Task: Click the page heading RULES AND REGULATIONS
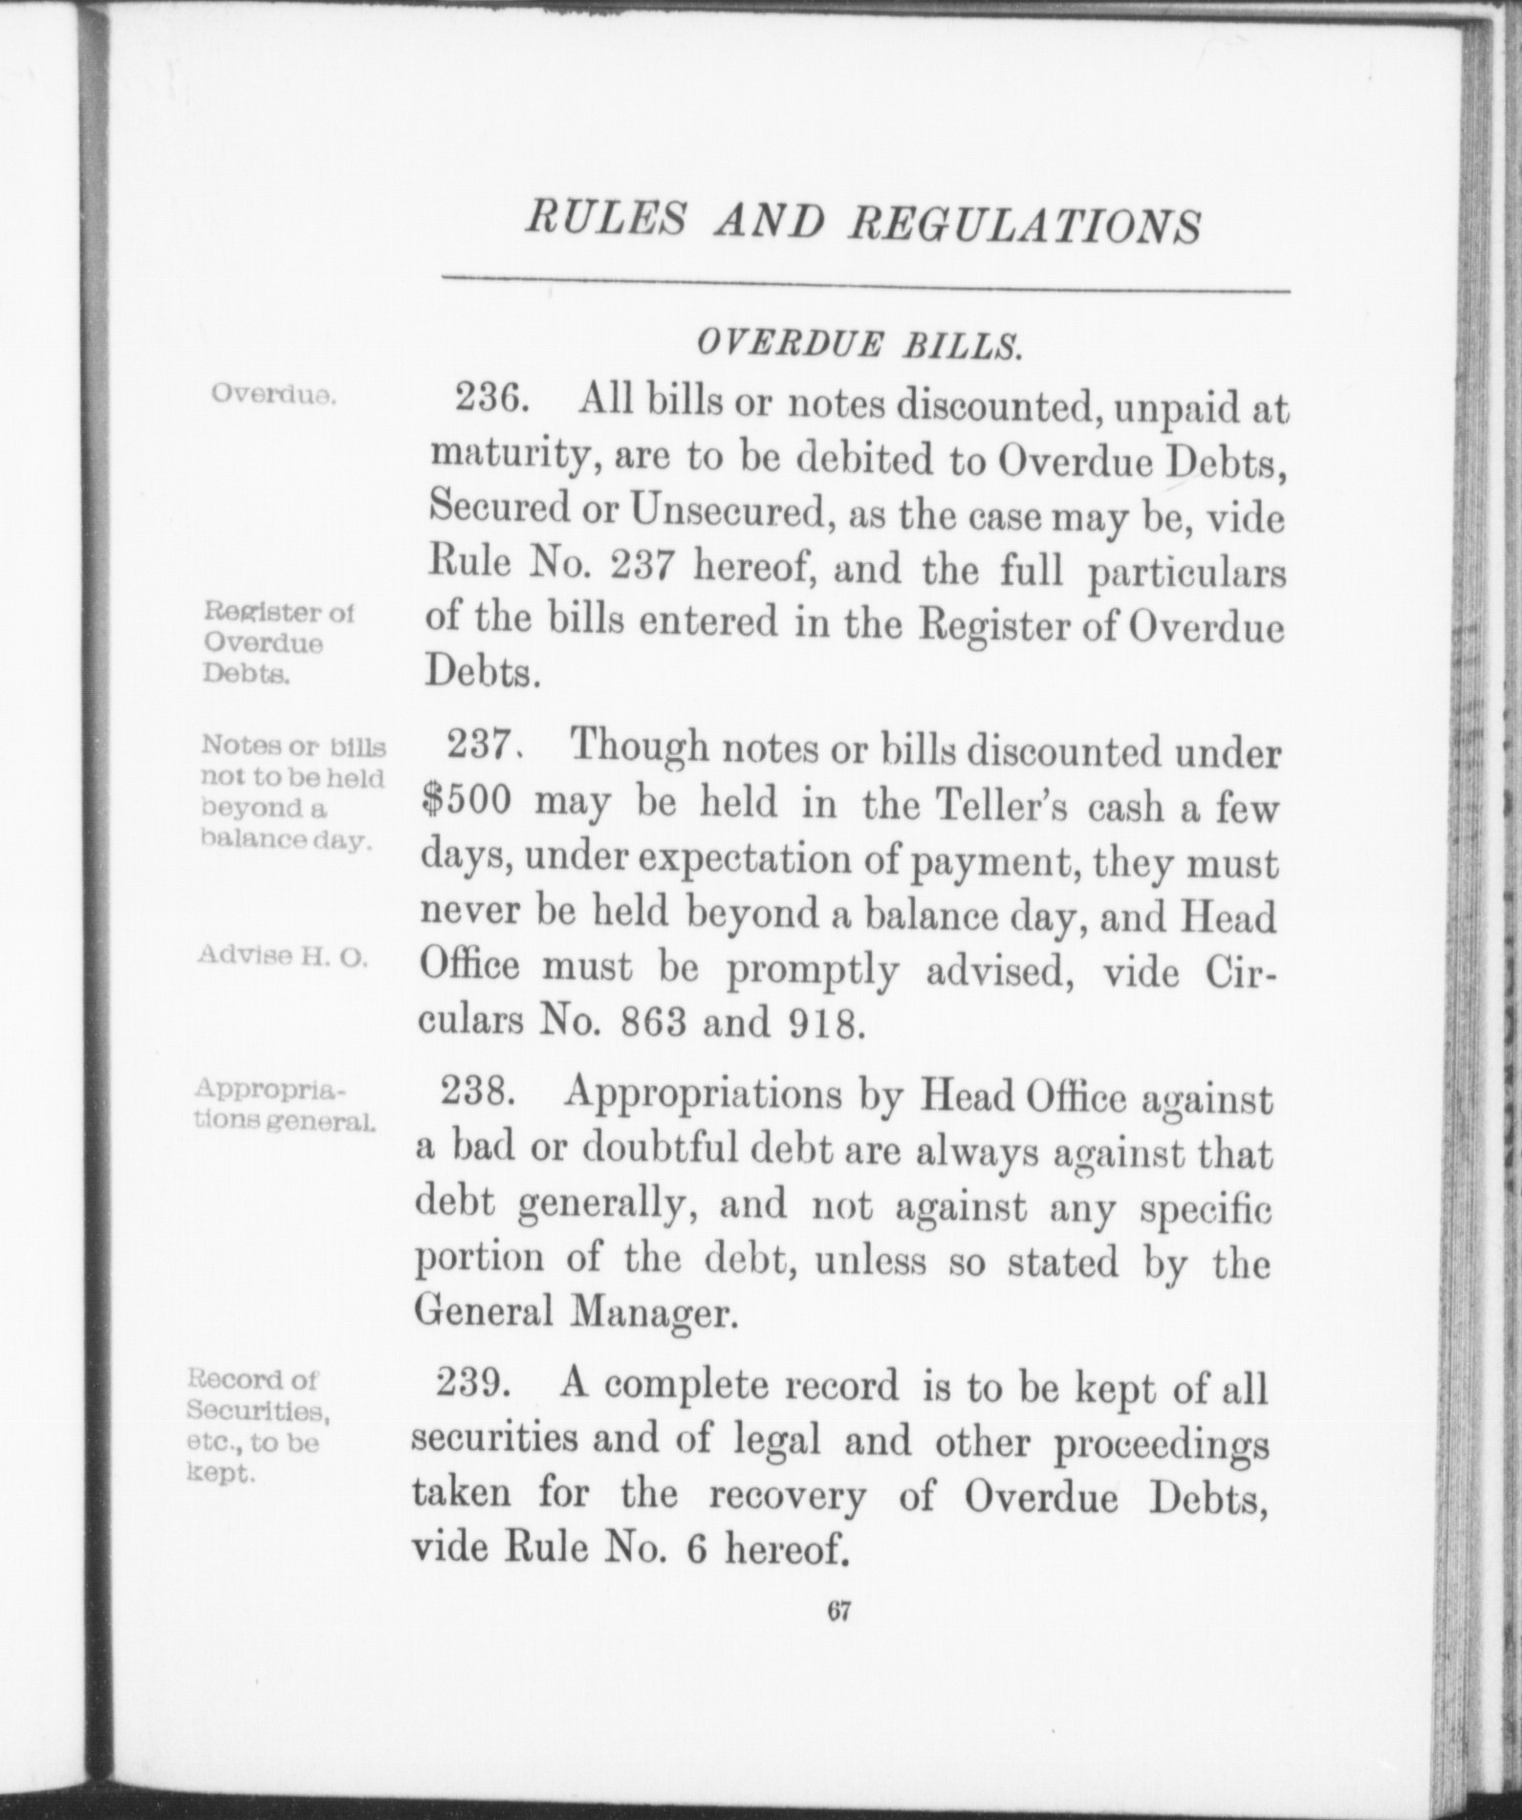862,226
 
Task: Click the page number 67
839,1611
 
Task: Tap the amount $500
467,802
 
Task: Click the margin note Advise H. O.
281,955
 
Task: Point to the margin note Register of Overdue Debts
277,642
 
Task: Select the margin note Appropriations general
283,1105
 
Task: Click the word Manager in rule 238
654,1315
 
